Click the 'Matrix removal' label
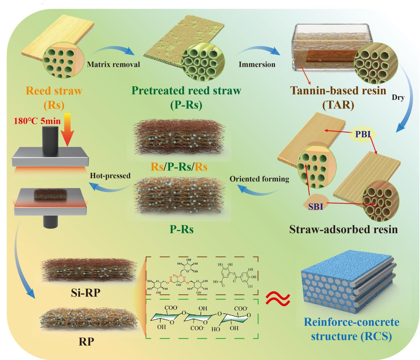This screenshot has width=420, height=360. tap(113, 64)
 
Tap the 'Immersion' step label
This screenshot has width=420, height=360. tap(257, 64)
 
